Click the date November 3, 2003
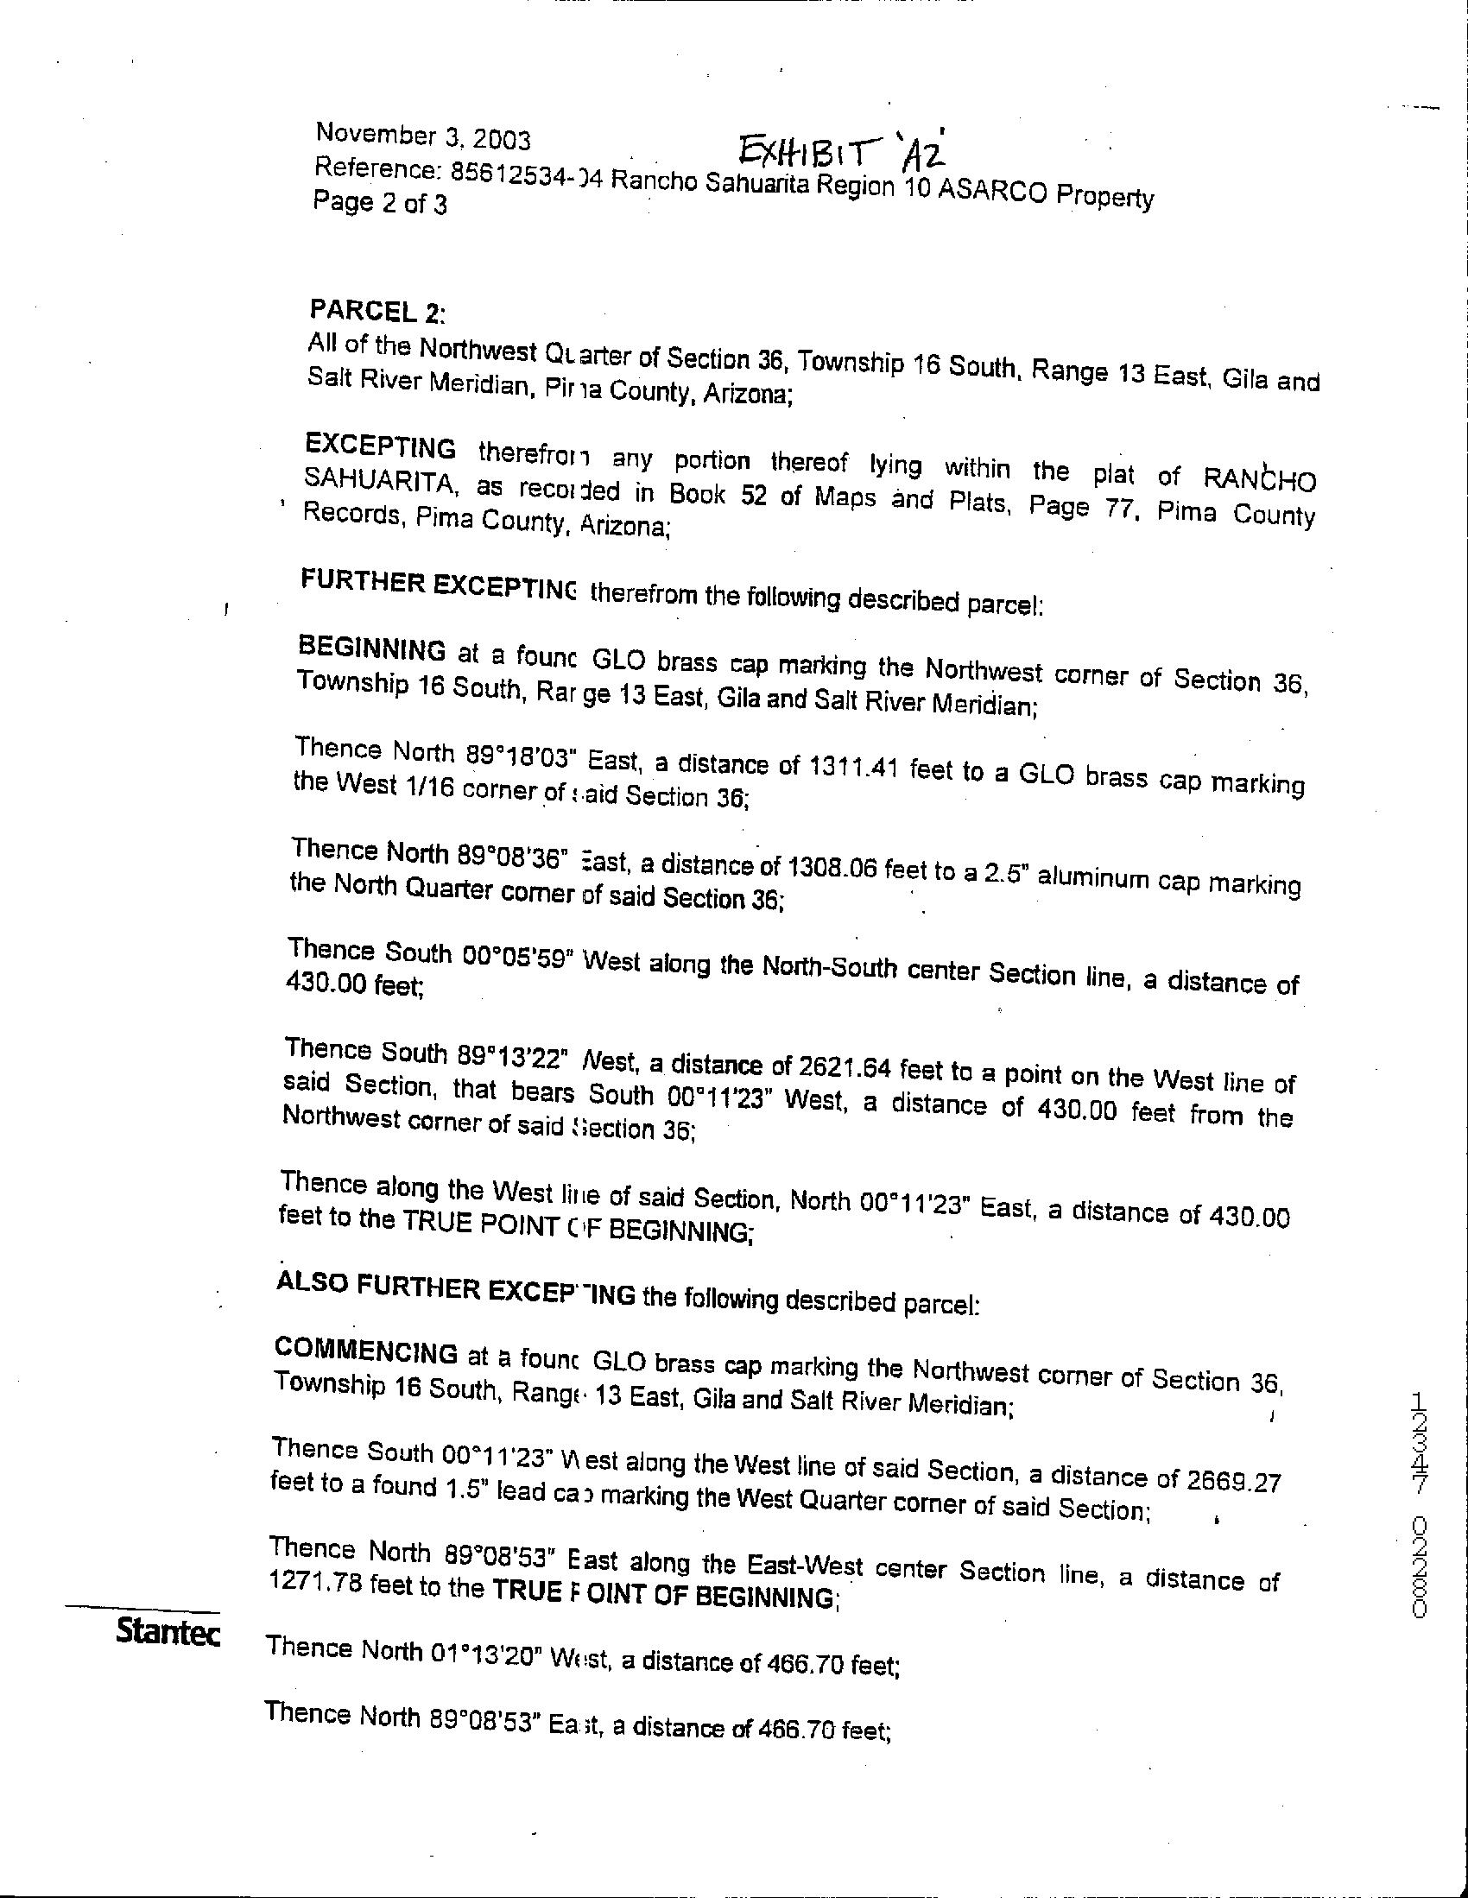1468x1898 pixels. pos(423,136)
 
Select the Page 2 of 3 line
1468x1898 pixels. pos(380,205)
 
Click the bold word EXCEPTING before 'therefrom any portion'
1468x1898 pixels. pos(381,446)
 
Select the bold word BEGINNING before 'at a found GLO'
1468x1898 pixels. pos(372,650)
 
